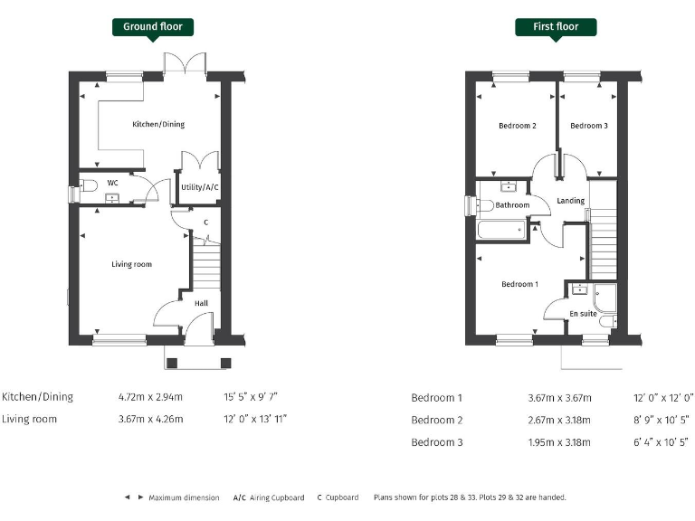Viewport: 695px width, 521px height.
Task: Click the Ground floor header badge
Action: (153, 26)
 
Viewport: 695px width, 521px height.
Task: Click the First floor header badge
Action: (556, 26)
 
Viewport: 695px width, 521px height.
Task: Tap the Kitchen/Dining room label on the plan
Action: (158, 124)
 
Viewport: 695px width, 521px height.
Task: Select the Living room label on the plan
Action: (131, 264)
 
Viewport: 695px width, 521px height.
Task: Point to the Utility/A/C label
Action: (200, 187)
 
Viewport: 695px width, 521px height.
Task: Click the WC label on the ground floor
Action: (113, 183)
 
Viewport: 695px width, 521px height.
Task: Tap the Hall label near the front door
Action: (201, 303)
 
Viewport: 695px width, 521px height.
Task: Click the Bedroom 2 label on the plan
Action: (518, 126)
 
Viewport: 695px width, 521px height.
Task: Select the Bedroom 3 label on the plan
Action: (589, 126)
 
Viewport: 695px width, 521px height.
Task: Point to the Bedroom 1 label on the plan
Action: (519, 284)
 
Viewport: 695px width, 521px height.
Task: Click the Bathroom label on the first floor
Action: (512, 205)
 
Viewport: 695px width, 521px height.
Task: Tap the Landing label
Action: (570, 201)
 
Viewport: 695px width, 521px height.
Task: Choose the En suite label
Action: (583, 314)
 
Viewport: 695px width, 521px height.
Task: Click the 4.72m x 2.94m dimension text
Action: (150, 397)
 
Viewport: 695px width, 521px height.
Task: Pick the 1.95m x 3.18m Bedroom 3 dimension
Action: (559, 442)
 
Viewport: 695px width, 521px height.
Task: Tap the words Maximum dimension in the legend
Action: (185, 497)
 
